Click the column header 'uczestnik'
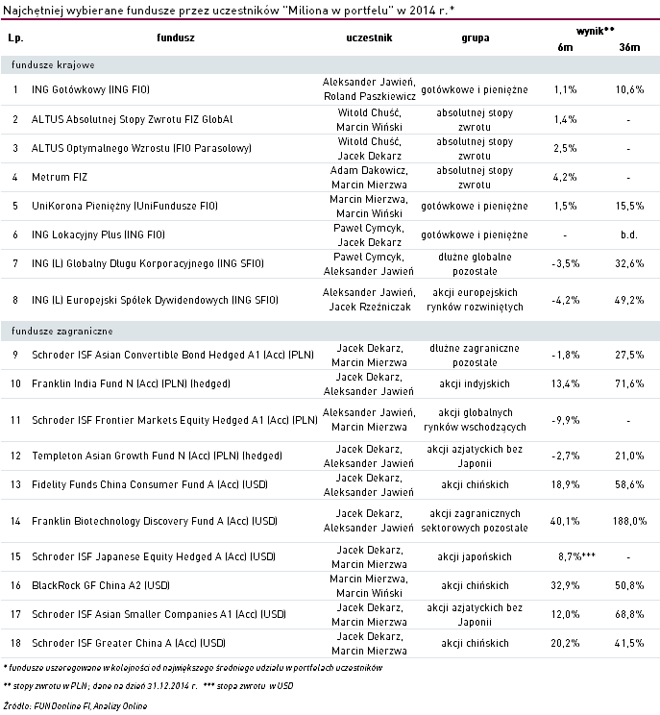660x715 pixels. pos(368,38)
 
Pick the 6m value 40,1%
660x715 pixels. pos(565,521)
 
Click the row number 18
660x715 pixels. pos(16,642)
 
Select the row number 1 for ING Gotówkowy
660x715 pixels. pos(16,89)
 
